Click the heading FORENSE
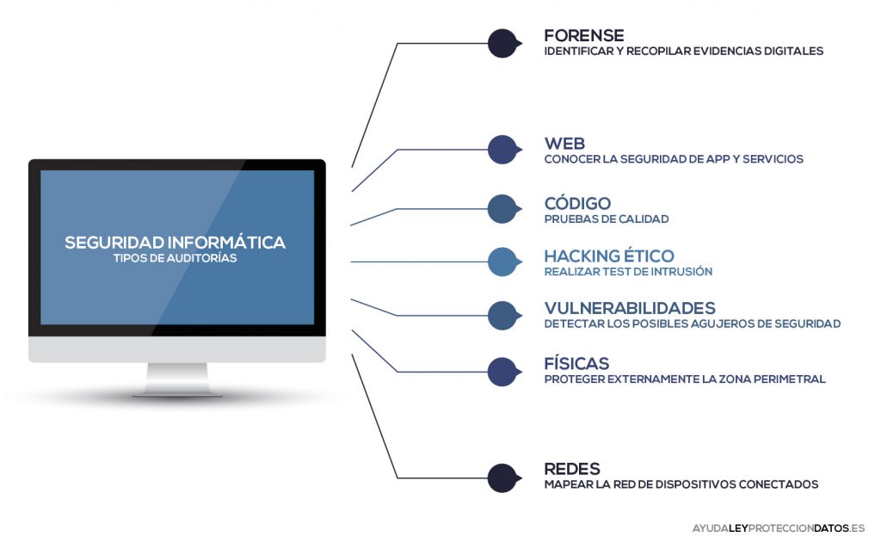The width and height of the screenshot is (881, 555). pos(584,35)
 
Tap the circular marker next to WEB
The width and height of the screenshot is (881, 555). pos(502,150)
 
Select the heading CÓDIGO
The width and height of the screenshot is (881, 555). pos(577,204)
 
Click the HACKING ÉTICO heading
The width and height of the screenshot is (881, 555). pos(608,256)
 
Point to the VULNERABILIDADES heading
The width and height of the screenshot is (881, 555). pos(630,308)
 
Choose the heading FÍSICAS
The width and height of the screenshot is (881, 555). pos(576,363)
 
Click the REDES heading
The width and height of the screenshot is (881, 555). pos(572,469)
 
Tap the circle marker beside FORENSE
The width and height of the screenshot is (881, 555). pos(502,43)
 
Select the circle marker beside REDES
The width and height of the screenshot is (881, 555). pos(502,478)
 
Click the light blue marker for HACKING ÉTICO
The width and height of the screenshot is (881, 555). pos(502,262)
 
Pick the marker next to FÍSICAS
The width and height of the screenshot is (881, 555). pos(502,371)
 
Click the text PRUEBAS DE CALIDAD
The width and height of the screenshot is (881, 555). pos(606,219)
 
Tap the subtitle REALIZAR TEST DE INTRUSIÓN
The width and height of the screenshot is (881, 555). pos(628,272)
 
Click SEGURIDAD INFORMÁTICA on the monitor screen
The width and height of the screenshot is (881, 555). pos(175,243)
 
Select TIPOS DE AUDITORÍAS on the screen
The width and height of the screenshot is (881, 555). pos(175,257)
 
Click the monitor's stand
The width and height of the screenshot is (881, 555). pos(177,379)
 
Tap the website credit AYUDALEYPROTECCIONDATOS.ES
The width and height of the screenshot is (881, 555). pos(778,527)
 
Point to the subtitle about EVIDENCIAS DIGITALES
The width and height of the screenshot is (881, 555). pos(683,51)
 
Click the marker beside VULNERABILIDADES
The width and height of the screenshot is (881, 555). pos(502,315)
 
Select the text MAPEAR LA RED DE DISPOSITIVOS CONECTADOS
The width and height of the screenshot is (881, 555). pos(681,484)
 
